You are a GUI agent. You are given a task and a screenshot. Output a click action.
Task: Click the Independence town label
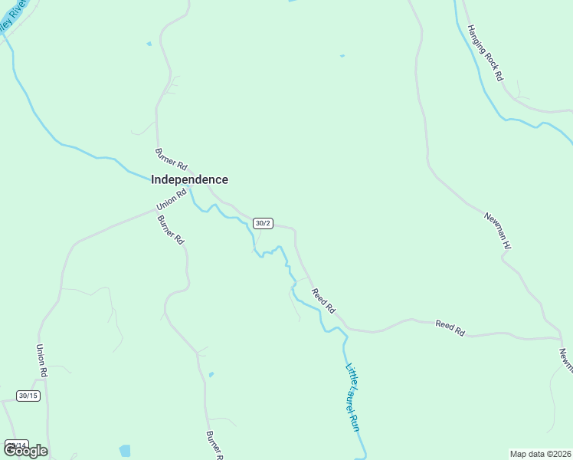click(189, 179)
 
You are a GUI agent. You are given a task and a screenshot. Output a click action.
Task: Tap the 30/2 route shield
click(263, 223)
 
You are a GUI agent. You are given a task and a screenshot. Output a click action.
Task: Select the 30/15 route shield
click(28, 396)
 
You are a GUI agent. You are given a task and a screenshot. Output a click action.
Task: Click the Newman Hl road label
click(497, 230)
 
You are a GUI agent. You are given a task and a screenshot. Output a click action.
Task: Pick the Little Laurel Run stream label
click(352, 396)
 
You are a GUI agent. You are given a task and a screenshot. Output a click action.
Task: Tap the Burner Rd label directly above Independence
click(171, 159)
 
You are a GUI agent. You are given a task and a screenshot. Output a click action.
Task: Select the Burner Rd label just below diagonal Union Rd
click(171, 229)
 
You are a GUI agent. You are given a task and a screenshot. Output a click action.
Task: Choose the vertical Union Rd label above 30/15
click(42, 360)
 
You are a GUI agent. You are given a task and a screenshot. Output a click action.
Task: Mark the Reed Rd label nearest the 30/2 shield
click(323, 300)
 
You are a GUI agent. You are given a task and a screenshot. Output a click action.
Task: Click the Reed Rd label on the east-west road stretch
click(450, 328)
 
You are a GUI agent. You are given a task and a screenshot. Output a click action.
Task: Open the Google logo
click(25, 451)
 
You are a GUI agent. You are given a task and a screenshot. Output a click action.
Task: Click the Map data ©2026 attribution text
click(540, 454)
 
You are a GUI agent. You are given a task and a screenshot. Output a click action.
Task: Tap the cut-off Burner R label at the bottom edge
click(213, 444)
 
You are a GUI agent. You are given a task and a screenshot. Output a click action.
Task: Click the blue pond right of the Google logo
click(125, 450)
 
